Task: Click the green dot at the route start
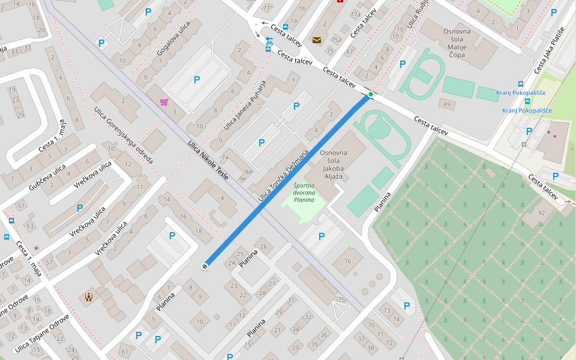pos(370,94)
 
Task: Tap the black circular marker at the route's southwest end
pos(205,266)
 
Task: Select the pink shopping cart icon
pos(164,102)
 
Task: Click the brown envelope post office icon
pos(316,40)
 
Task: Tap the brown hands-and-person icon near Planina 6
pos(89,296)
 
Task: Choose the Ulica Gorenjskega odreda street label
pos(124,136)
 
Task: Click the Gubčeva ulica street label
pos(47,178)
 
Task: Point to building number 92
pos(542,212)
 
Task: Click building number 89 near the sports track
pos(447,104)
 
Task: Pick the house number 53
pos(30,226)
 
